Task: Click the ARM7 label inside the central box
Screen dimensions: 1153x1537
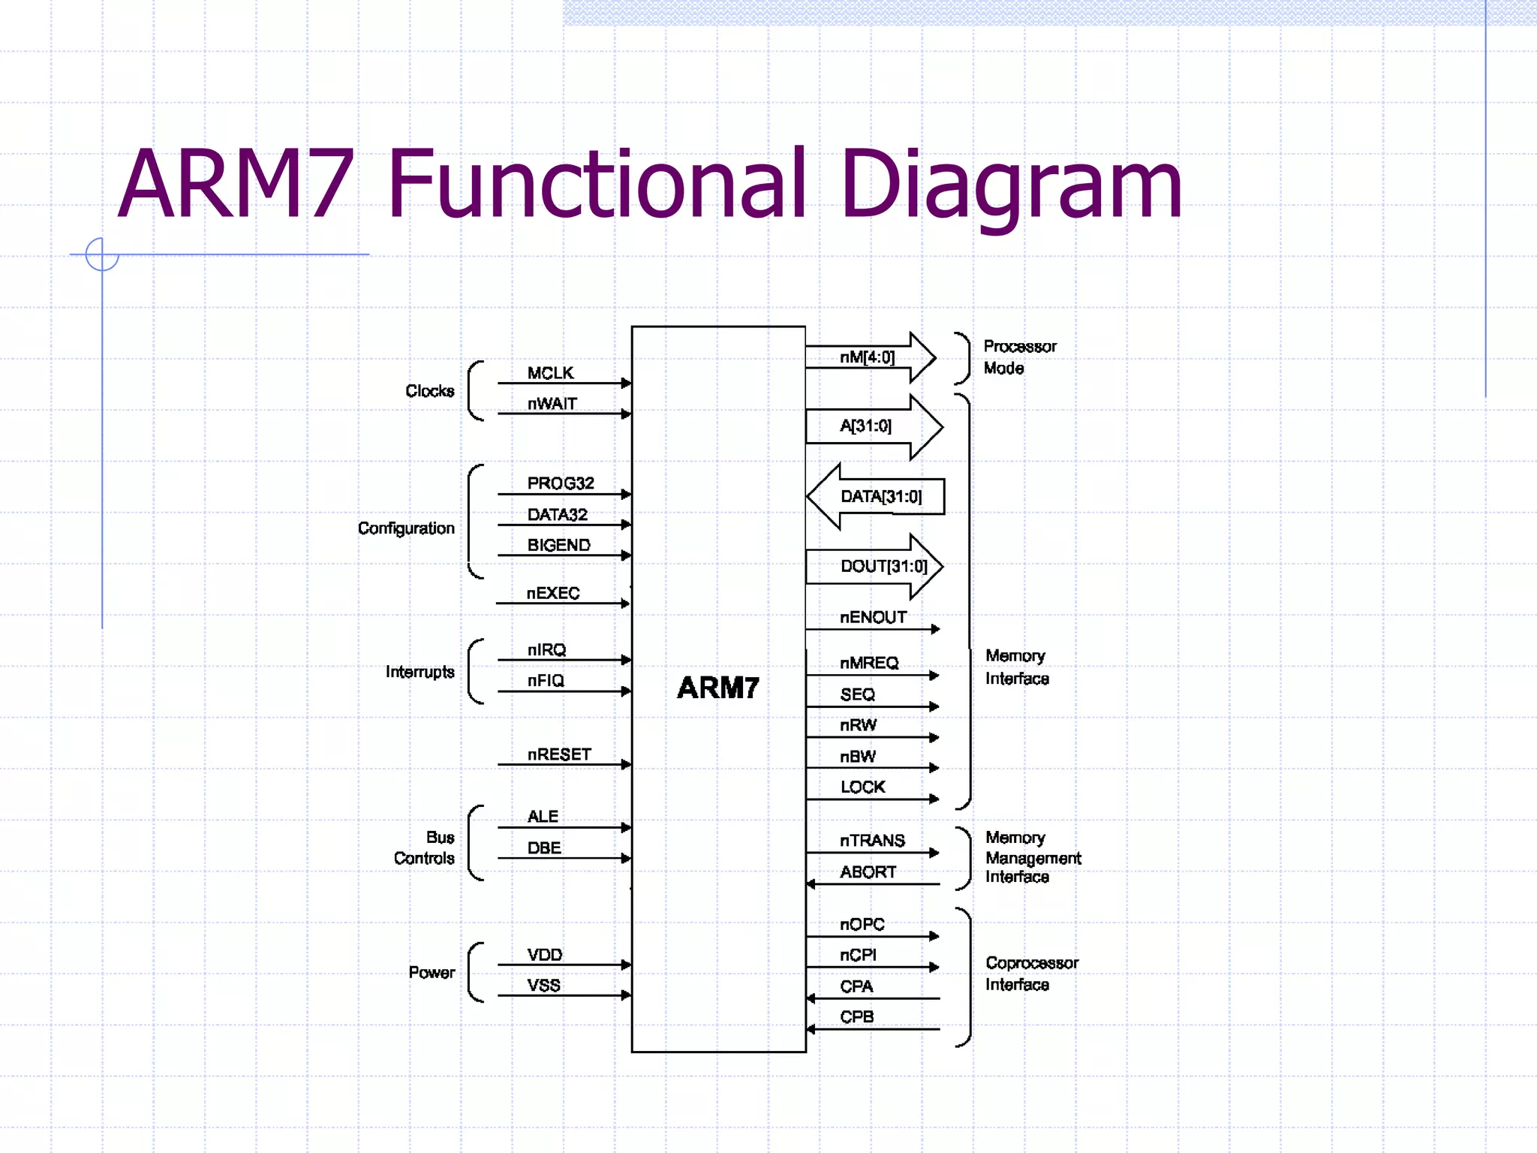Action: (717, 688)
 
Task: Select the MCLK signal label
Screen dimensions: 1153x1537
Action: (550, 373)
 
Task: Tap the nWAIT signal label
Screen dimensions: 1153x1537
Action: (552, 404)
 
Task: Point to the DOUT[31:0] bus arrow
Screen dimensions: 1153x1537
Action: (874, 566)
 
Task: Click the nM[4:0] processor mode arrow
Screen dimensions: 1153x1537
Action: (870, 357)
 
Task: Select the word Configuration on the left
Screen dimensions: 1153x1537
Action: (406, 528)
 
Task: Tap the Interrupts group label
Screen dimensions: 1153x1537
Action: (420, 672)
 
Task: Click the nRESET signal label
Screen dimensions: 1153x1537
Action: (559, 754)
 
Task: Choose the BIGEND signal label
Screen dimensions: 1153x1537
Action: (558, 545)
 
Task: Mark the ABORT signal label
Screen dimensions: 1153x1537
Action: (868, 872)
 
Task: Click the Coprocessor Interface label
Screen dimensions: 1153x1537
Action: (1031, 974)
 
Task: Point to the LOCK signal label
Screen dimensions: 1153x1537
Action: (862, 787)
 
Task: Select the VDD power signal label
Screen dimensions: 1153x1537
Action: (544, 955)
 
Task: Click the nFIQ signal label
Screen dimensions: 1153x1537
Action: (546, 681)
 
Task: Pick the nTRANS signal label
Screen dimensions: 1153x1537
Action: (872, 841)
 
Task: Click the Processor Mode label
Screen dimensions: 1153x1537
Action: (1018, 357)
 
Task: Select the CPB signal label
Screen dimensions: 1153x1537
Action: (856, 1017)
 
